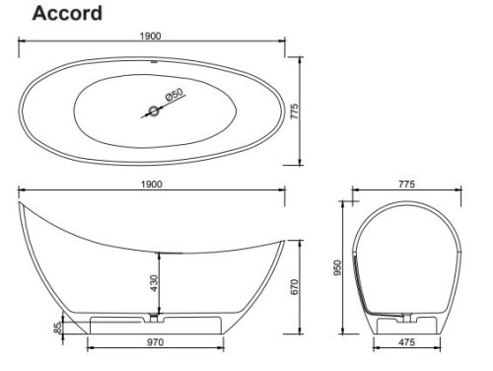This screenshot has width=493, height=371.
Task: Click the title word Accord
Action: pyautogui.click(x=67, y=14)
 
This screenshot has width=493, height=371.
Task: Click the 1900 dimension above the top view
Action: pyautogui.click(x=151, y=36)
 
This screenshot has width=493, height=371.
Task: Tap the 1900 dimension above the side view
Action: pyautogui.click(x=152, y=185)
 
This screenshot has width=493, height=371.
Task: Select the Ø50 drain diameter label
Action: pyautogui.click(x=175, y=95)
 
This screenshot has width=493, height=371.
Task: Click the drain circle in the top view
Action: pyautogui.click(x=154, y=111)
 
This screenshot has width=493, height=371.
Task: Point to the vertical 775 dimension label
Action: pyautogui.click(x=294, y=111)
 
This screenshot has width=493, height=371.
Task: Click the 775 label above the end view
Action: pyautogui.click(x=406, y=185)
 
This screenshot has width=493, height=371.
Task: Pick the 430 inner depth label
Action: pyautogui.click(x=154, y=283)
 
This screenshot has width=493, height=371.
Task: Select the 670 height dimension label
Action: pyautogui.click(x=294, y=287)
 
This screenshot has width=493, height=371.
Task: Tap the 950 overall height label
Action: pyautogui.click(x=337, y=267)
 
